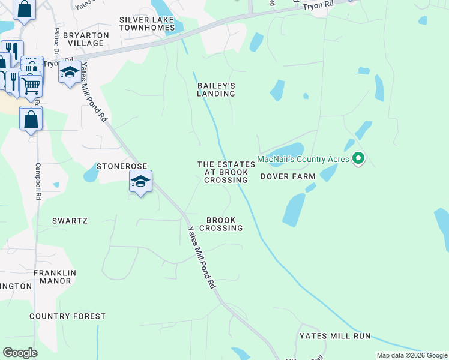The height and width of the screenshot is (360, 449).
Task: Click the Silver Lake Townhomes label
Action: coord(146,23)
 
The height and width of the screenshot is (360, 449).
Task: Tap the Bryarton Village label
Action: coord(87,39)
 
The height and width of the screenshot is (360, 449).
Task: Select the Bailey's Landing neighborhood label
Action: coord(216,89)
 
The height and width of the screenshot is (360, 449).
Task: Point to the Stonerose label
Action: coord(122,166)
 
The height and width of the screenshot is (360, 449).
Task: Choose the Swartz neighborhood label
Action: coord(70,221)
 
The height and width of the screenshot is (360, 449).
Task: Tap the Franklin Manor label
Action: coord(55,277)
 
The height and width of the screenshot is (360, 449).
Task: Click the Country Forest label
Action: coord(67,316)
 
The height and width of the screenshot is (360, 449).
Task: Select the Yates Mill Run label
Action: coord(336,336)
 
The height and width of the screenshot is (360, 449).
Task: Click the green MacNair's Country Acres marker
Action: coord(358,158)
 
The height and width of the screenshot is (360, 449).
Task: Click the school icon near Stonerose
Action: coord(140,181)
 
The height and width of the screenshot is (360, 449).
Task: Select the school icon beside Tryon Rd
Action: coord(70,72)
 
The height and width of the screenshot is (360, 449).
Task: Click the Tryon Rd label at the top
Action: coord(318,5)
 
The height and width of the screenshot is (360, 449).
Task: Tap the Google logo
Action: coord(20,353)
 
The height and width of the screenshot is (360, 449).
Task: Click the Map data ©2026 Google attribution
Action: coord(412,355)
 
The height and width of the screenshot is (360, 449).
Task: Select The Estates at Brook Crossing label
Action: coord(222,172)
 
